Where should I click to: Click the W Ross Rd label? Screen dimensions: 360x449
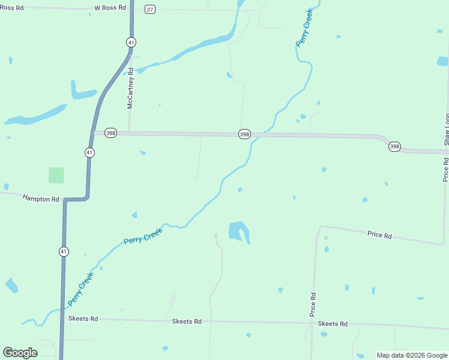click(x=110, y=8)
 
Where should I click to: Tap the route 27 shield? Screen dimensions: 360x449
click(x=150, y=9)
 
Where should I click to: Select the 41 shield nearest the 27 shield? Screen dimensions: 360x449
click(x=131, y=42)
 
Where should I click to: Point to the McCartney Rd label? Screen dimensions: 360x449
click(x=130, y=92)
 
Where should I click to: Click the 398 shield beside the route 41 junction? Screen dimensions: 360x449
click(x=110, y=133)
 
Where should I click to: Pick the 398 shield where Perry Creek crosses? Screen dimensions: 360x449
click(x=244, y=134)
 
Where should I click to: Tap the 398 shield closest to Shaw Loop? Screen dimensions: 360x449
click(x=394, y=146)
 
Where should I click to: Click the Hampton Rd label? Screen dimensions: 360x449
click(x=41, y=198)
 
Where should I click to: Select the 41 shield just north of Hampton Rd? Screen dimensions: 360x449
click(x=89, y=152)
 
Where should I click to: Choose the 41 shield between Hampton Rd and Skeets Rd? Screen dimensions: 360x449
click(x=64, y=251)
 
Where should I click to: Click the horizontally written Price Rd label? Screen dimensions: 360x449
click(x=379, y=235)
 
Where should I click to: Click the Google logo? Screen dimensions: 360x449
click(x=20, y=353)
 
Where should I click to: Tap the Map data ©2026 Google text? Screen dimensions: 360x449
click(x=412, y=355)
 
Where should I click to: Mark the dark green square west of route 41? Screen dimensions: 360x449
click(x=56, y=175)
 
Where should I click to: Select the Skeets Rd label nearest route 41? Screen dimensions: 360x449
click(x=83, y=319)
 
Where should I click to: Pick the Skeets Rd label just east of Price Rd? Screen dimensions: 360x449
click(x=333, y=324)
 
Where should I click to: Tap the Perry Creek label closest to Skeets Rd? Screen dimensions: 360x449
click(x=80, y=288)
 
